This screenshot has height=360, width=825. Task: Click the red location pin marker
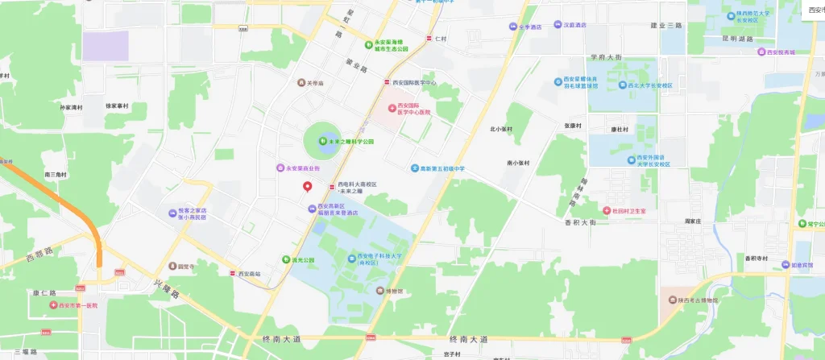click(x=307, y=187)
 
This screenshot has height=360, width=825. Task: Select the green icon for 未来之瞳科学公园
click(x=322, y=142)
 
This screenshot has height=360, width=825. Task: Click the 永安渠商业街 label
click(x=303, y=168)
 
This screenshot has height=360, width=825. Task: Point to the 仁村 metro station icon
click(x=429, y=38)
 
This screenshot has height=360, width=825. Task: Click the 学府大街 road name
click(x=606, y=57)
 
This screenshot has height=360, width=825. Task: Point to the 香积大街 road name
click(x=580, y=222)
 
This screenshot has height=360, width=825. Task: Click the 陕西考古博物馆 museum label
click(x=697, y=300)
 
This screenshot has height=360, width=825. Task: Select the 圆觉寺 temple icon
click(x=172, y=266)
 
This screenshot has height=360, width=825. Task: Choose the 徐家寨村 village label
click(x=118, y=106)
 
